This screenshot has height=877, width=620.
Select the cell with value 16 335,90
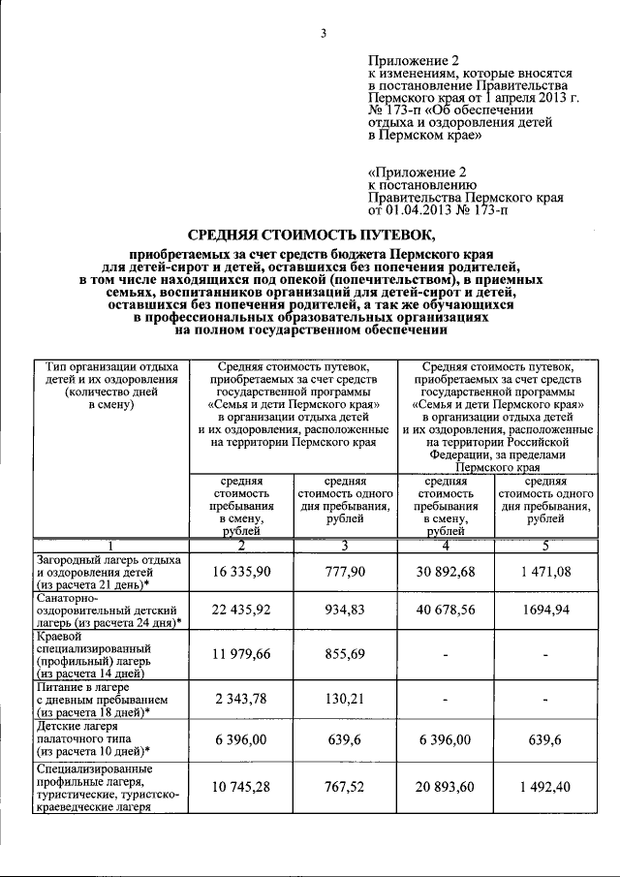(x=242, y=573)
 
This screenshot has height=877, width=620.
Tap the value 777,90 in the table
(x=345, y=573)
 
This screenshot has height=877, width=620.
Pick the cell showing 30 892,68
(x=445, y=573)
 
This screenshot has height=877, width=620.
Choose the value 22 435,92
(x=242, y=613)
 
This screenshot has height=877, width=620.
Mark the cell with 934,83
(x=345, y=613)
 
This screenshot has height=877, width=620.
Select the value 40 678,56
(x=445, y=613)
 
